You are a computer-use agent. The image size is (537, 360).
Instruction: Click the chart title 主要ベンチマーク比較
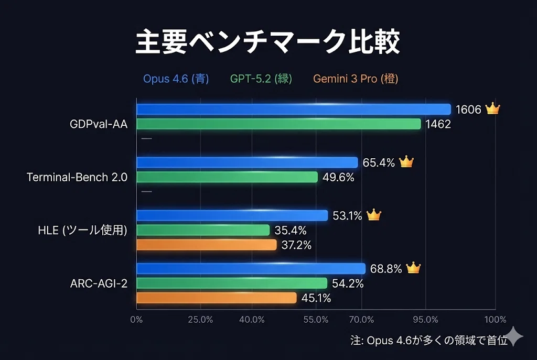tap(268, 42)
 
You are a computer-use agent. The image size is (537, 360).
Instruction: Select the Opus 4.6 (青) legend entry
tap(176, 79)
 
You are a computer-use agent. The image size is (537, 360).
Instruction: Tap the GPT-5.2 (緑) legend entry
tap(261, 79)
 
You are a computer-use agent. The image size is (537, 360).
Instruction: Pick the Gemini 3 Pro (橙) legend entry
tap(356, 79)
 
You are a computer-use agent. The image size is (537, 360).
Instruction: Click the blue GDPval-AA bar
tap(294, 109)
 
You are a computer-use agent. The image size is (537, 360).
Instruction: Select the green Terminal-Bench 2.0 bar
tap(227, 177)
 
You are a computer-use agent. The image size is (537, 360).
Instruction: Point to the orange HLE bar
tap(207, 245)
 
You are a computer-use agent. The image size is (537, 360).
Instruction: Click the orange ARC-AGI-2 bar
tap(217, 298)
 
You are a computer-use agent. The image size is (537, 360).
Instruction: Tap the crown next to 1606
tap(493, 108)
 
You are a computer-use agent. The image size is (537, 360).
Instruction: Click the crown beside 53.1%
tap(373, 215)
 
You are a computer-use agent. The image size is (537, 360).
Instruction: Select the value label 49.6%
tap(338, 177)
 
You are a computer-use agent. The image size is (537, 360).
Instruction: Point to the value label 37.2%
tap(297, 245)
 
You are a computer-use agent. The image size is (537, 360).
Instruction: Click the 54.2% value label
tap(348, 283)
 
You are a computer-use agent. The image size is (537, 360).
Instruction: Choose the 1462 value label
tap(438, 124)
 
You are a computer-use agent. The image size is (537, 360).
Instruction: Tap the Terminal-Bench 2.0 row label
tap(77, 177)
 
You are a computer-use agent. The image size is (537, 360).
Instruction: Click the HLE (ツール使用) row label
tap(82, 230)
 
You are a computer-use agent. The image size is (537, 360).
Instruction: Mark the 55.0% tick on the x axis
tap(316, 320)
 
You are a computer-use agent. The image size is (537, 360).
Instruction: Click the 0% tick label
tap(136, 320)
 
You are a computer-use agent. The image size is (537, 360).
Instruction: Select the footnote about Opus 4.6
tap(429, 341)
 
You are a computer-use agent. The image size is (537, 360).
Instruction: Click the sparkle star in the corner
tap(514, 336)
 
